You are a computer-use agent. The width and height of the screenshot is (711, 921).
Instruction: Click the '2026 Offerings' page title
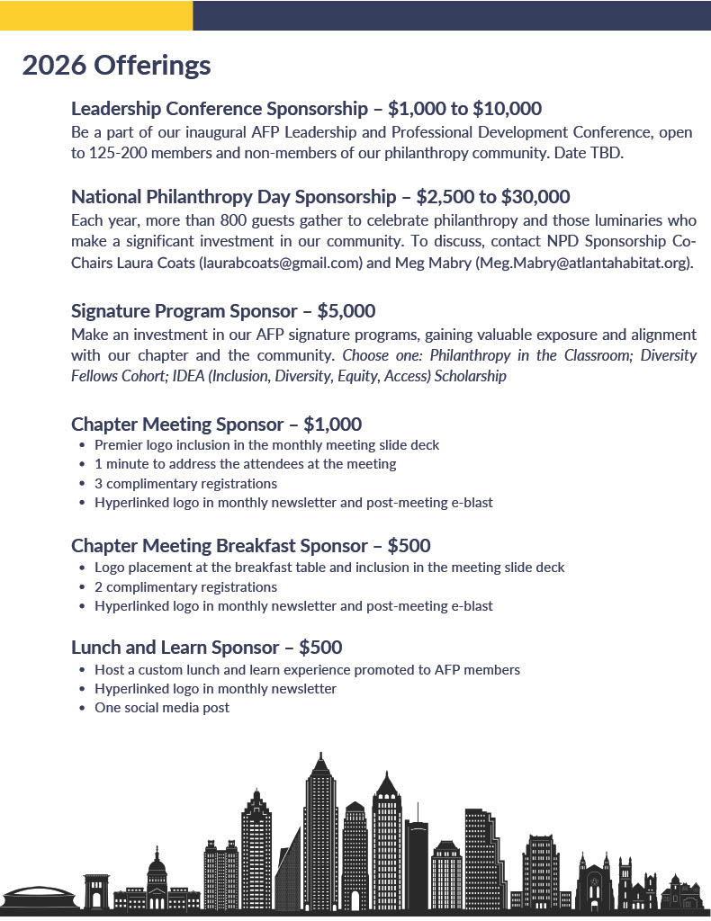(x=116, y=66)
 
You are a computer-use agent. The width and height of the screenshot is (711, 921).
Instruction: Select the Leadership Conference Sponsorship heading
(x=228, y=110)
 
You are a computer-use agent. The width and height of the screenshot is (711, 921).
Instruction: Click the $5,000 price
(x=346, y=311)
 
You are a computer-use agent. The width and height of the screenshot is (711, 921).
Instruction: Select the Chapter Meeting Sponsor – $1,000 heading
(x=216, y=424)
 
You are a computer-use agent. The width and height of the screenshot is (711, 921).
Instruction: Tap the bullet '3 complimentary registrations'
(x=185, y=484)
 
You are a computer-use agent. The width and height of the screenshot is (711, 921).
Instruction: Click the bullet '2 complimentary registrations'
(x=185, y=587)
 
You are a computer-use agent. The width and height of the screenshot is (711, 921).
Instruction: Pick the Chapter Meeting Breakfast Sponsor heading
(x=250, y=546)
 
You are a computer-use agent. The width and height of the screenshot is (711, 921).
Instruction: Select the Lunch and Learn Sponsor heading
(x=206, y=648)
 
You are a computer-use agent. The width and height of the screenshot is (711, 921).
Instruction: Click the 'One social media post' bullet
(x=162, y=708)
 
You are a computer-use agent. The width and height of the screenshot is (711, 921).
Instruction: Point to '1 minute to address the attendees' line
(x=245, y=464)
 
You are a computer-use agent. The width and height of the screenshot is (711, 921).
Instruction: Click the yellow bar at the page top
(x=96, y=15)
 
